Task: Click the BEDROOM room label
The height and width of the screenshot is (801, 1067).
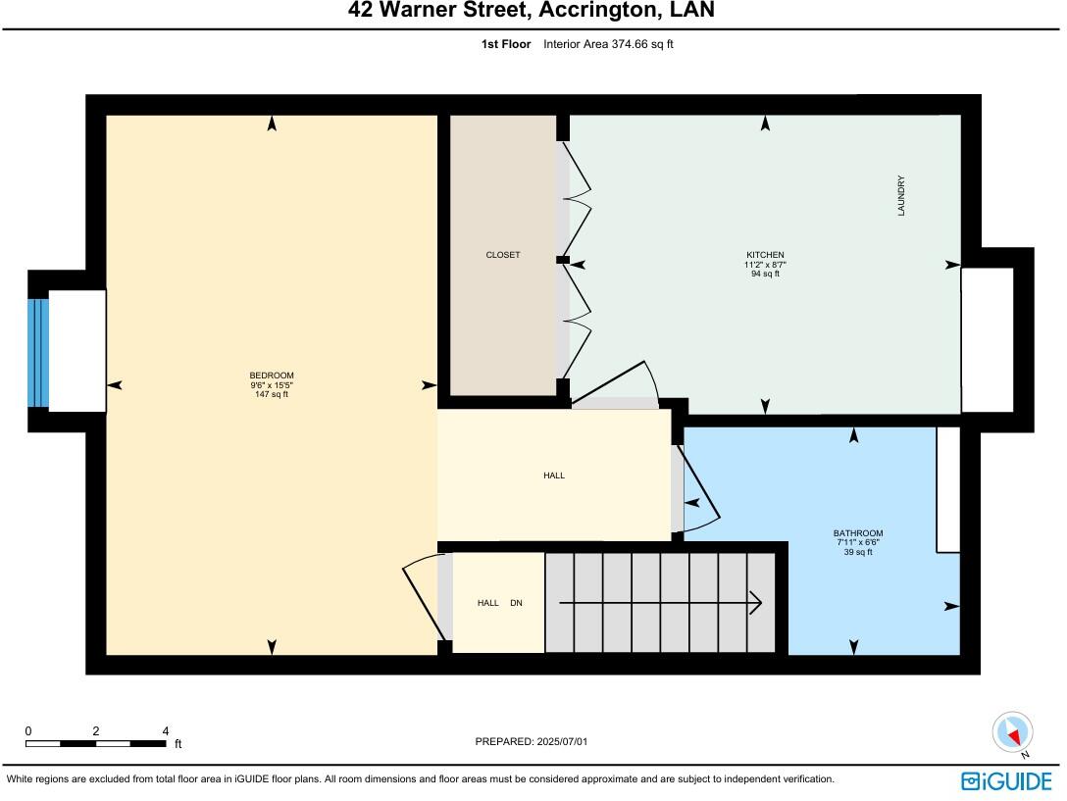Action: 272,375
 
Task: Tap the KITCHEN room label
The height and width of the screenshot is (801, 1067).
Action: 765,255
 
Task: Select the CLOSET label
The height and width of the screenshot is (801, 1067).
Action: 503,255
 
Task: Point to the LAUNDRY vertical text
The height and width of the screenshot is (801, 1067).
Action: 900,195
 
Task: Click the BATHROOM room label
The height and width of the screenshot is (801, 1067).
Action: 858,533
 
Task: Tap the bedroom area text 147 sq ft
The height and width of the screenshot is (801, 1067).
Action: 272,394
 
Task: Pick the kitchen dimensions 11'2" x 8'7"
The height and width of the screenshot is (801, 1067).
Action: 765,265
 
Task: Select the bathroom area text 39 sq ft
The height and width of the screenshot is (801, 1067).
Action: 858,552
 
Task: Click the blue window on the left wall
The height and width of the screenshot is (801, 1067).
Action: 38,352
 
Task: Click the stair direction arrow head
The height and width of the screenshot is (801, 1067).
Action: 756,603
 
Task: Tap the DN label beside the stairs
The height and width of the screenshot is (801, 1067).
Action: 516,603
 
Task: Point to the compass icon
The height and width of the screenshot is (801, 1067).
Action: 1013,732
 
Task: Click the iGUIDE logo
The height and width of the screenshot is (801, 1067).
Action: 1006,780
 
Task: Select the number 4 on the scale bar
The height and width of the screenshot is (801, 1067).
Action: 165,731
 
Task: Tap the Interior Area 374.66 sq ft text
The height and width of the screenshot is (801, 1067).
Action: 608,44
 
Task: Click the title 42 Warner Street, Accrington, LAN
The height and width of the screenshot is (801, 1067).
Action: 532,11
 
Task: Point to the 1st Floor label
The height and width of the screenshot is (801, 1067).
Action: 506,44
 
